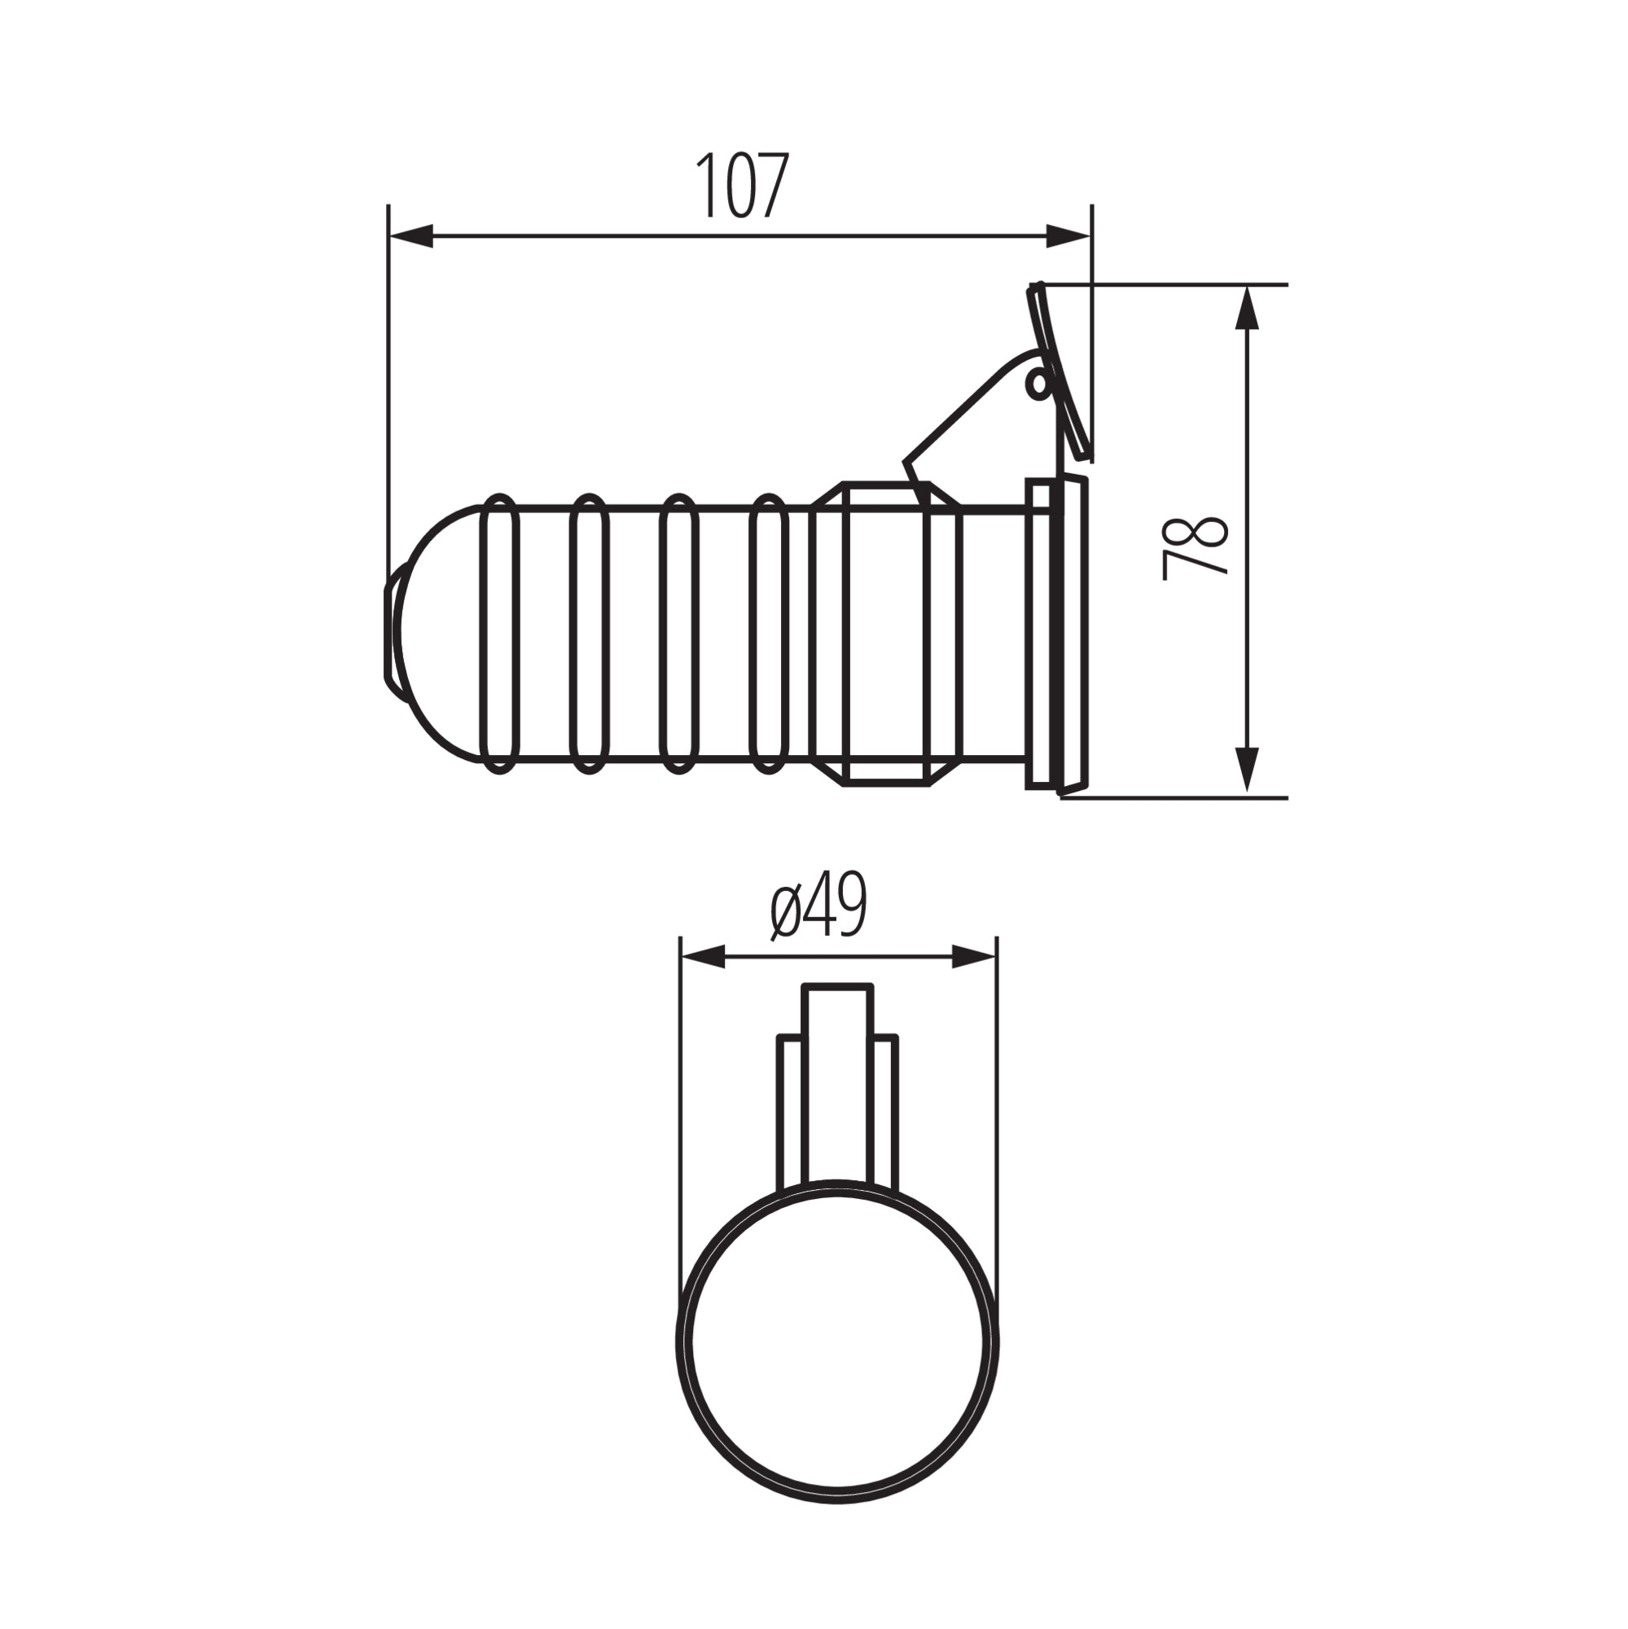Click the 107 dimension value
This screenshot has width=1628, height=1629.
click(742, 186)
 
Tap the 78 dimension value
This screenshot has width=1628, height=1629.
click(1195, 547)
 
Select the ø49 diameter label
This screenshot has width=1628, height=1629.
click(818, 906)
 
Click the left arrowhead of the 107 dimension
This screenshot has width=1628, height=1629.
click(410, 237)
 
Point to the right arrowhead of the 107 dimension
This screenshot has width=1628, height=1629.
click(1069, 237)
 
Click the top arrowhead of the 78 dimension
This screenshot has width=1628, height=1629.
click(1247, 308)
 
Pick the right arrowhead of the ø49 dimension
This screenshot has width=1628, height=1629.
click(975, 957)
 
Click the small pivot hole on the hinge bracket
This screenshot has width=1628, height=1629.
click(1037, 384)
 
